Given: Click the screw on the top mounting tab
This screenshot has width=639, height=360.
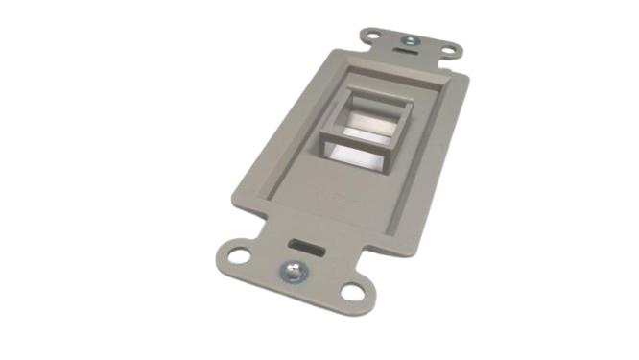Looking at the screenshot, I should coord(410,41).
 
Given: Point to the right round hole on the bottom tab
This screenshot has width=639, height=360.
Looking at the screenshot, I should coord(353,289).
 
